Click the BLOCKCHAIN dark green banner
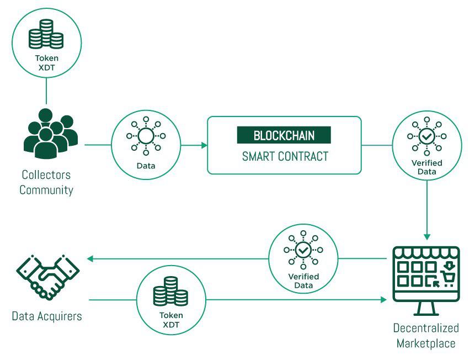[284, 135]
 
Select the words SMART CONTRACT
[285, 156]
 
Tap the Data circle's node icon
[146, 136]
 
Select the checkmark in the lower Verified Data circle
[303, 250]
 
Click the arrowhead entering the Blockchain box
[204, 146]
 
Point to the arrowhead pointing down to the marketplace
[426, 235]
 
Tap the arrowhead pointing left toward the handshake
[88, 258]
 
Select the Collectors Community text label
[47, 182]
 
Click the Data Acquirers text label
[47, 316]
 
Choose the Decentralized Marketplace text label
[426, 336]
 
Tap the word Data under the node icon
[146, 166]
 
